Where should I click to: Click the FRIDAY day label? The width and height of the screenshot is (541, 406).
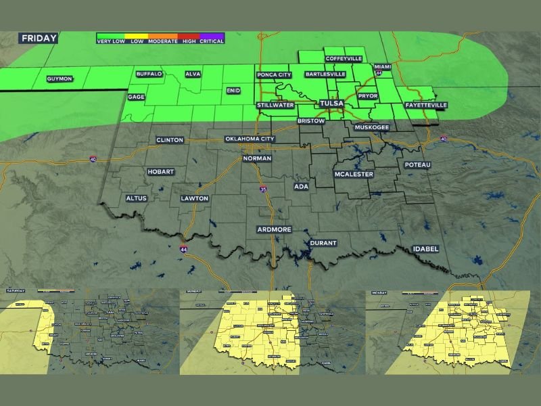[x=39, y=38]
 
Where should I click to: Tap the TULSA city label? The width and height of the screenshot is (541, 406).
[x=331, y=104]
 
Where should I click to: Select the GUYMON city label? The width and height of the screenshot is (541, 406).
[x=60, y=79]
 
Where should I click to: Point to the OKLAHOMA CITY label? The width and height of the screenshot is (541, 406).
[x=250, y=139]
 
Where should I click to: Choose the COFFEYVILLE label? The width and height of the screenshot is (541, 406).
[x=344, y=59]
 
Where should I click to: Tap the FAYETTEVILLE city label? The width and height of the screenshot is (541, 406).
[x=426, y=106]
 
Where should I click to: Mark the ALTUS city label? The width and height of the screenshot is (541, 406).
[x=137, y=198]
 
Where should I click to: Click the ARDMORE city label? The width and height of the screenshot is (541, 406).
[x=275, y=229]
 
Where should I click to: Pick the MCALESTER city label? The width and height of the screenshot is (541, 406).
[x=354, y=175]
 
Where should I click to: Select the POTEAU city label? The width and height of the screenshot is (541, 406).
[x=417, y=164]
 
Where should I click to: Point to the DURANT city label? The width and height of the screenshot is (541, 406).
[x=323, y=243]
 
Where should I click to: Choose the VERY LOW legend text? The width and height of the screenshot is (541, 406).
[x=111, y=41]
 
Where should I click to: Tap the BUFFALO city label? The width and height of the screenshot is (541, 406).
[x=149, y=74]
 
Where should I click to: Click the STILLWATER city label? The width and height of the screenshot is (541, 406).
[x=275, y=106]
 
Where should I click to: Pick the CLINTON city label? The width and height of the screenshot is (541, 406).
[x=170, y=140]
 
